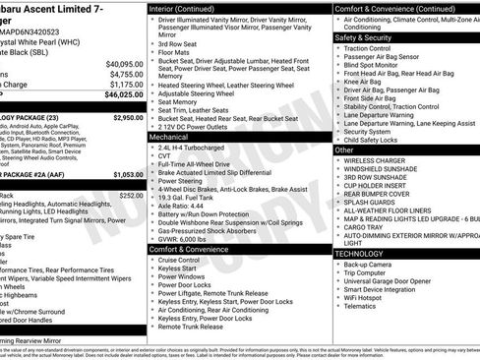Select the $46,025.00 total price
(121, 95)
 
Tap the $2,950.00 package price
(128, 117)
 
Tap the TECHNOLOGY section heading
(360, 254)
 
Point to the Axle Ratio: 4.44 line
(184, 206)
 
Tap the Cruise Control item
(183, 260)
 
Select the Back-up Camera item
(372, 265)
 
